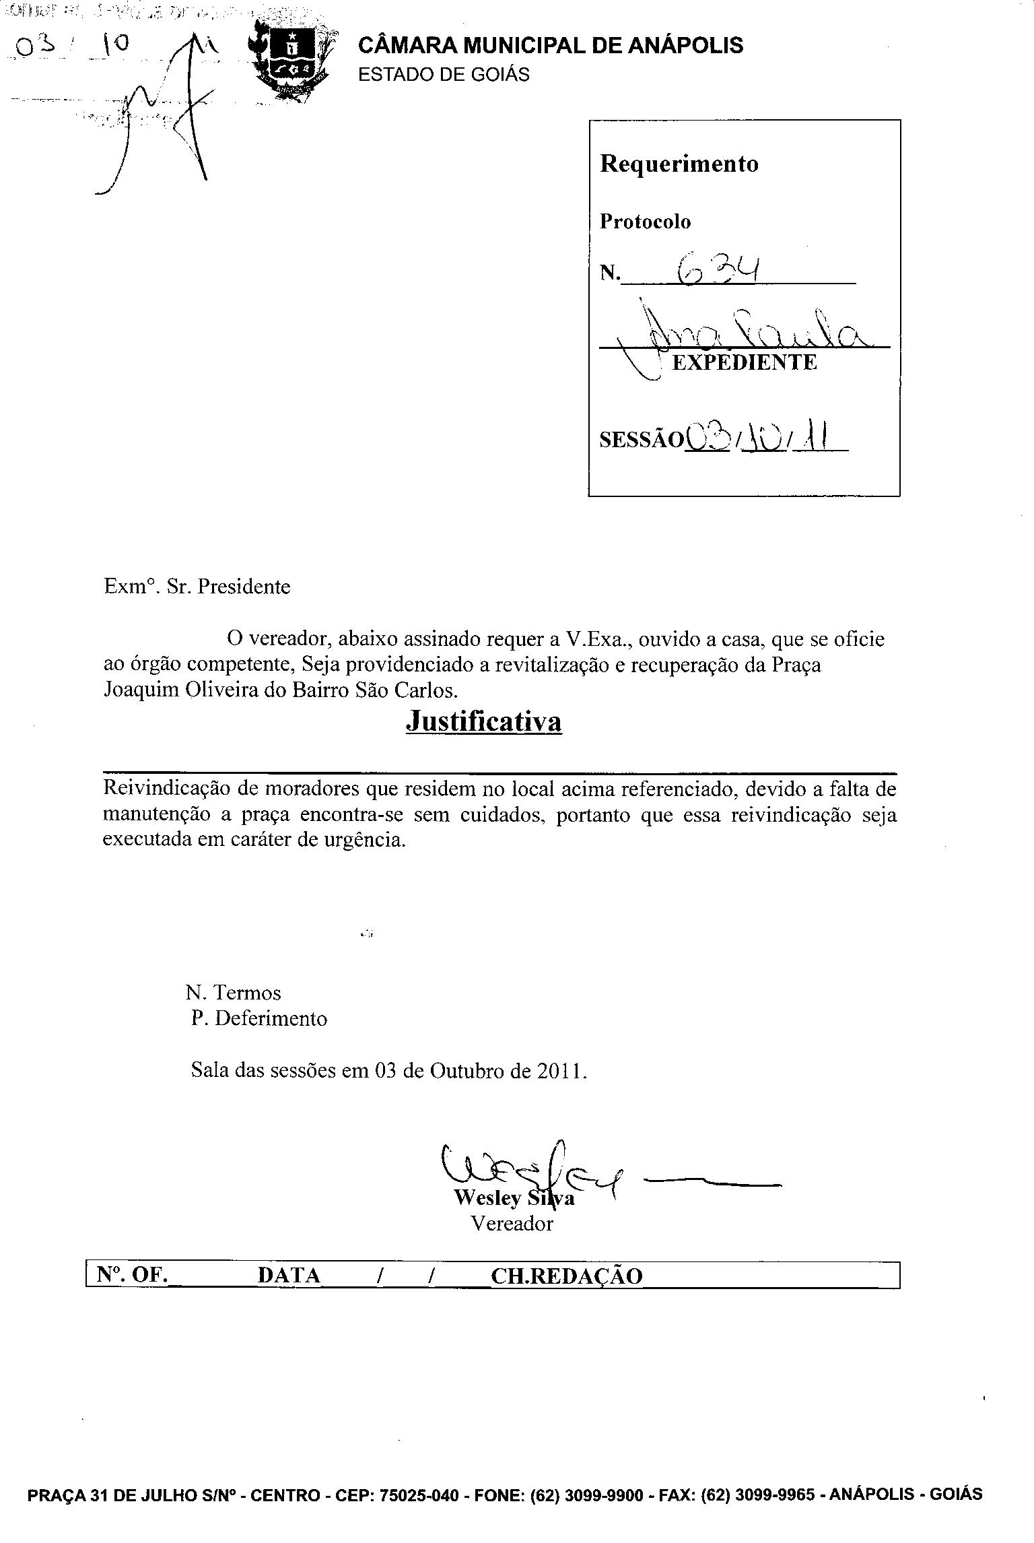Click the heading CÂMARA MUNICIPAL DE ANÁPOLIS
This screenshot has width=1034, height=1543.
[x=550, y=45]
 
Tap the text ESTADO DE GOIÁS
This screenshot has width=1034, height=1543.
[x=444, y=74]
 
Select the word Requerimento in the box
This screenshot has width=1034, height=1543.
[x=679, y=164]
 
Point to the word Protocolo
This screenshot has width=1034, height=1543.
[x=645, y=222]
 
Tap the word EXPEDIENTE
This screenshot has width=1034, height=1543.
[x=745, y=362]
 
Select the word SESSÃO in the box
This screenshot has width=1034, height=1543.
[x=640, y=439]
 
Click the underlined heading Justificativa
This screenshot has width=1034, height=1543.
[x=483, y=721]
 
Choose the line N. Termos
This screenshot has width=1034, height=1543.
[x=233, y=992]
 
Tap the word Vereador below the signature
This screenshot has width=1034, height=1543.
[x=512, y=1223]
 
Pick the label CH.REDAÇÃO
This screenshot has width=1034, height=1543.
[x=567, y=1276]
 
